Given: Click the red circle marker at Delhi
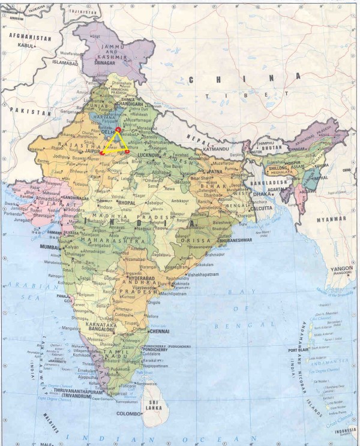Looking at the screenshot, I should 118,129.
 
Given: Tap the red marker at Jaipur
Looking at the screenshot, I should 102,153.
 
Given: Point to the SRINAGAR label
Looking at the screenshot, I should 105,62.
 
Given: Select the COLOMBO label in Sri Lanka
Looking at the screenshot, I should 129,414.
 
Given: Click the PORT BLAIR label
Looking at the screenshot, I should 298,351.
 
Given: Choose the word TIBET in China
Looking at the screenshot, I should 213,96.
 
